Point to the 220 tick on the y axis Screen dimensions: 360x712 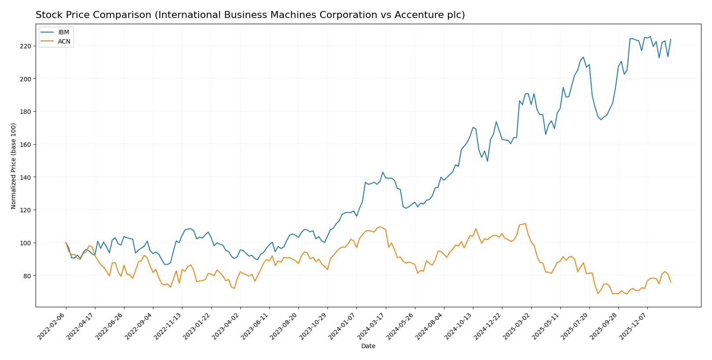click(25, 46)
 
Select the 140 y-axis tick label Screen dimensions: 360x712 click(25, 177)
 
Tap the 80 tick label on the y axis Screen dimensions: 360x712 click(27, 276)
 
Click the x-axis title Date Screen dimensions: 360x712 click(368, 346)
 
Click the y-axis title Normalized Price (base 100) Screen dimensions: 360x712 click(14, 166)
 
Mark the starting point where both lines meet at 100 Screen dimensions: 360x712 click(66, 243)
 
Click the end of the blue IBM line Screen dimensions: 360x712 click(671, 40)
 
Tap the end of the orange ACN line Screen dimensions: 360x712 click(671, 282)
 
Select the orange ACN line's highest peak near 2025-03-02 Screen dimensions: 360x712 click(525, 223)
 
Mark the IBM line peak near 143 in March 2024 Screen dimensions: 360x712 click(383, 172)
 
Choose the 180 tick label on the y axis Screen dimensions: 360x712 click(25, 112)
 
